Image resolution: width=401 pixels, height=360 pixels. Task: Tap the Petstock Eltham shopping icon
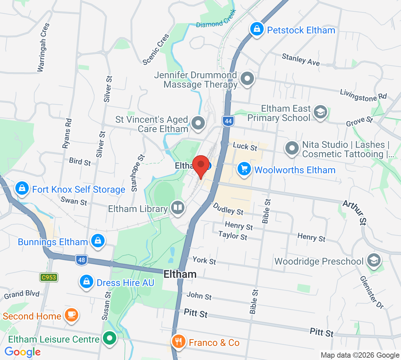[x=257, y=29]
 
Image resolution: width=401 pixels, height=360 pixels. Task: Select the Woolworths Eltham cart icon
[x=244, y=169]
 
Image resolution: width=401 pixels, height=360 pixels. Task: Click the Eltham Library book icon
[x=178, y=208]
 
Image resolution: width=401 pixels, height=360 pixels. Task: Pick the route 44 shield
[x=228, y=121]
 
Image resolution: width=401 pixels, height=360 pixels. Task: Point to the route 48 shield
[x=82, y=260]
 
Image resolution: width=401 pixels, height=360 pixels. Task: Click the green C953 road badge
[x=49, y=277]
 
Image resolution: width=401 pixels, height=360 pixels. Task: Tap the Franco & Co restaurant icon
[x=178, y=342]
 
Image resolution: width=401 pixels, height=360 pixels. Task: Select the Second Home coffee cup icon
[x=71, y=315]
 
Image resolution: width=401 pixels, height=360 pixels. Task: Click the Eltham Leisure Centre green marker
[x=109, y=338]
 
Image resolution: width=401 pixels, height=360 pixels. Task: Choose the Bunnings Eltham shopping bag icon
[x=98, y=241]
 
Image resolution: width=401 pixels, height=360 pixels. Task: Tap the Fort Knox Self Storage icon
[x=22, y=188]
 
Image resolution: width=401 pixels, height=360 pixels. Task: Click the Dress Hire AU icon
[x=87, y=282]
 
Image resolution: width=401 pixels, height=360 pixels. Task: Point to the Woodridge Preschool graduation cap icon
[x=374, y=260]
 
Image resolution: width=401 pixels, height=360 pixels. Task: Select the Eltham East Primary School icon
[x=320, y=112]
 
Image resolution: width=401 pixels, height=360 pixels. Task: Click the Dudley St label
[x=228, y=209]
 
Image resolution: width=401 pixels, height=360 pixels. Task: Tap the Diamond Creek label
[x=216, y=19]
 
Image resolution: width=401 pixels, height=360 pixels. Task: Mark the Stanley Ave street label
[x=300, y=60]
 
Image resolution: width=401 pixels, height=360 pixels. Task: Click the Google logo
[x=23, y=352]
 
